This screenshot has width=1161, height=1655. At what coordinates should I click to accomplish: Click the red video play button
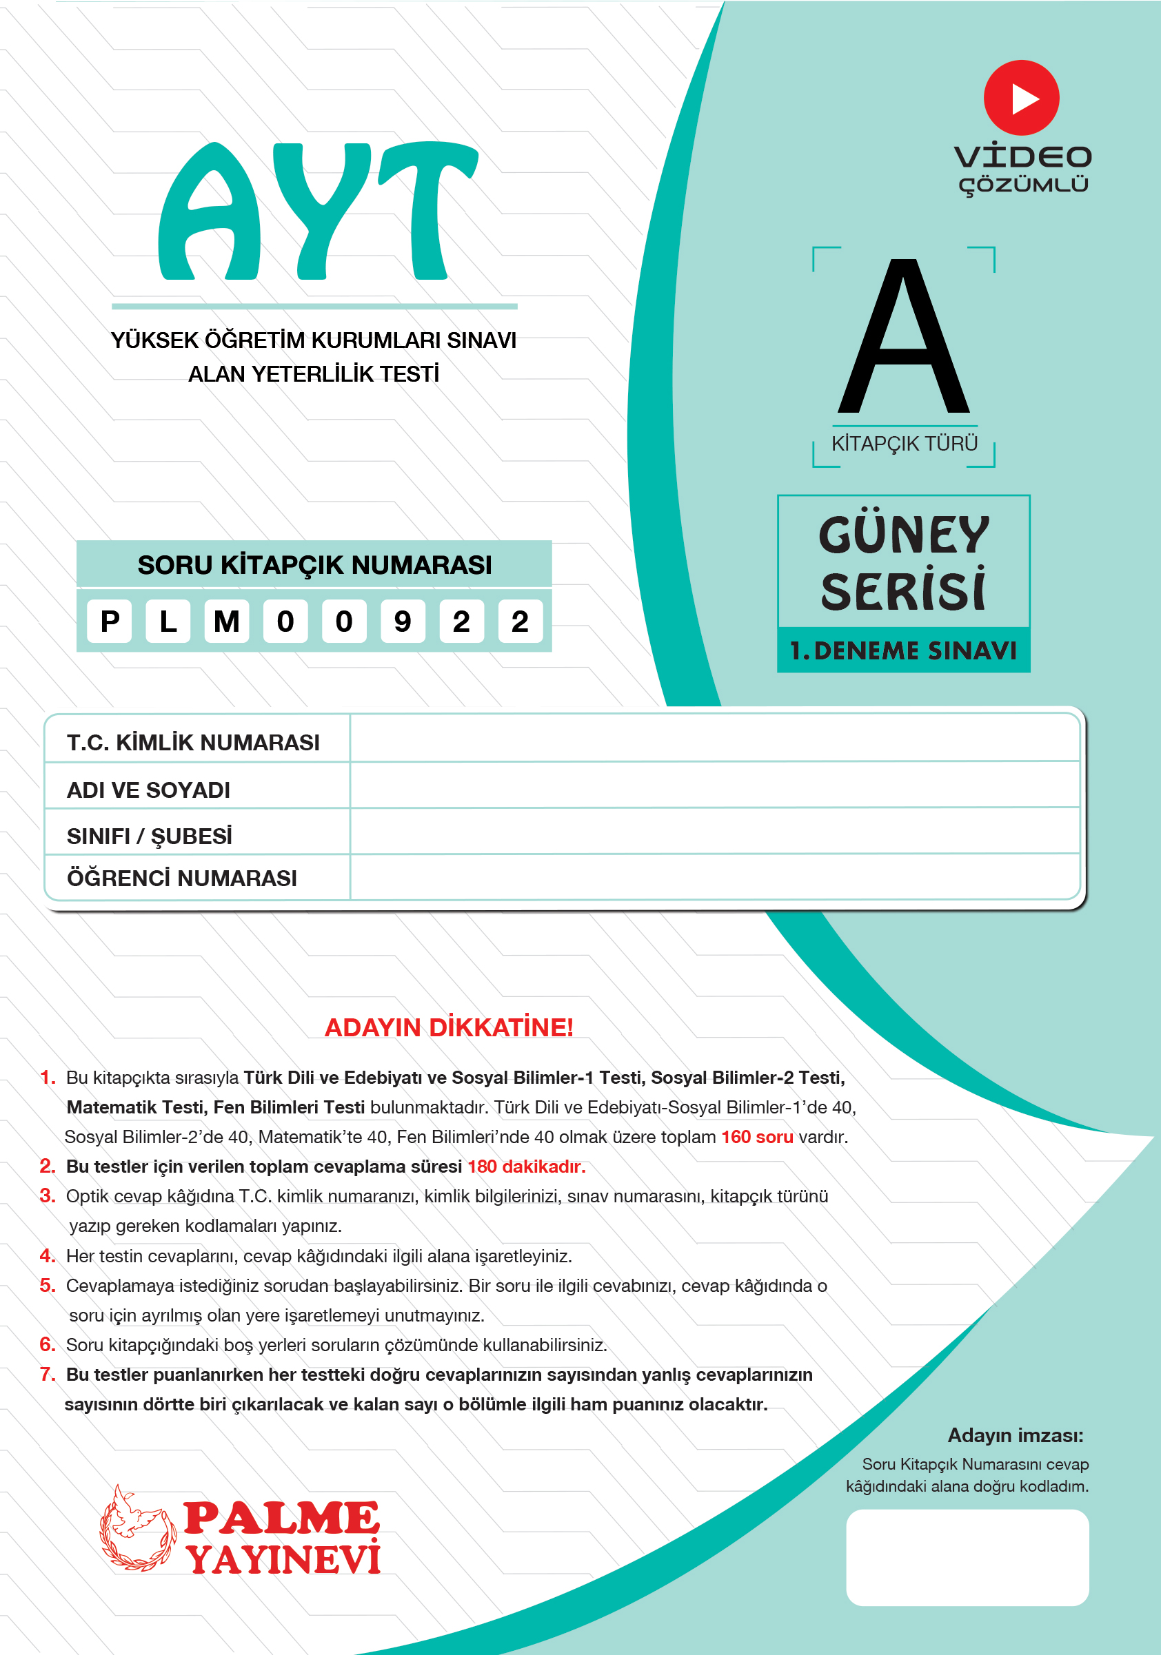pos(1021,98)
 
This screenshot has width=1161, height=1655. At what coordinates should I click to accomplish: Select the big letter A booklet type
pos(904,338)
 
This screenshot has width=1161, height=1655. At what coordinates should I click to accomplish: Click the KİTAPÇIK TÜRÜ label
pos(905,443)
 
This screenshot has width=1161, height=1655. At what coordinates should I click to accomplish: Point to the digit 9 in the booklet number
pos(403,621)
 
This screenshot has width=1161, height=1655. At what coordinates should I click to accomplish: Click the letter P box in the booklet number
pos(110,621)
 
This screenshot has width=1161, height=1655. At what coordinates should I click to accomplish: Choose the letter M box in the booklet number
pos(226,621)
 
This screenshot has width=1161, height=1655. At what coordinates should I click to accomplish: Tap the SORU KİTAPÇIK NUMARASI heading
pos(314,565)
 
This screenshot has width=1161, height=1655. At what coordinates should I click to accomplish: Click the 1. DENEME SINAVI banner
pos(903,651)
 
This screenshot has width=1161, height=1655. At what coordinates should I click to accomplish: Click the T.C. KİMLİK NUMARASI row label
pos(193,743)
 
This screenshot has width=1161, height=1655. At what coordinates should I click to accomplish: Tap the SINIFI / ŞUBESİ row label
pos(150,836)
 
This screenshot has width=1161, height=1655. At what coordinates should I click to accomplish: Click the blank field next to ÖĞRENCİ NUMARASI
pos(714,877)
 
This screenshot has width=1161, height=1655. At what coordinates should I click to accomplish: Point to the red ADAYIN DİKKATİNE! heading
pos(449,1028)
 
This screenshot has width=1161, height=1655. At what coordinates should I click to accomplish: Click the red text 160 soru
pos(757,1137)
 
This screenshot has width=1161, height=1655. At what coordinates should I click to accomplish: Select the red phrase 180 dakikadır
pos(526,1166)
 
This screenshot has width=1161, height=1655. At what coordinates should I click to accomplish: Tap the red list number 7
pos(48,1375)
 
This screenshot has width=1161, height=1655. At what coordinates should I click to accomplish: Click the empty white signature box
pos(967,1557)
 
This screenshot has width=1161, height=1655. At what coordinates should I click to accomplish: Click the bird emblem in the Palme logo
pos(137,1528)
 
